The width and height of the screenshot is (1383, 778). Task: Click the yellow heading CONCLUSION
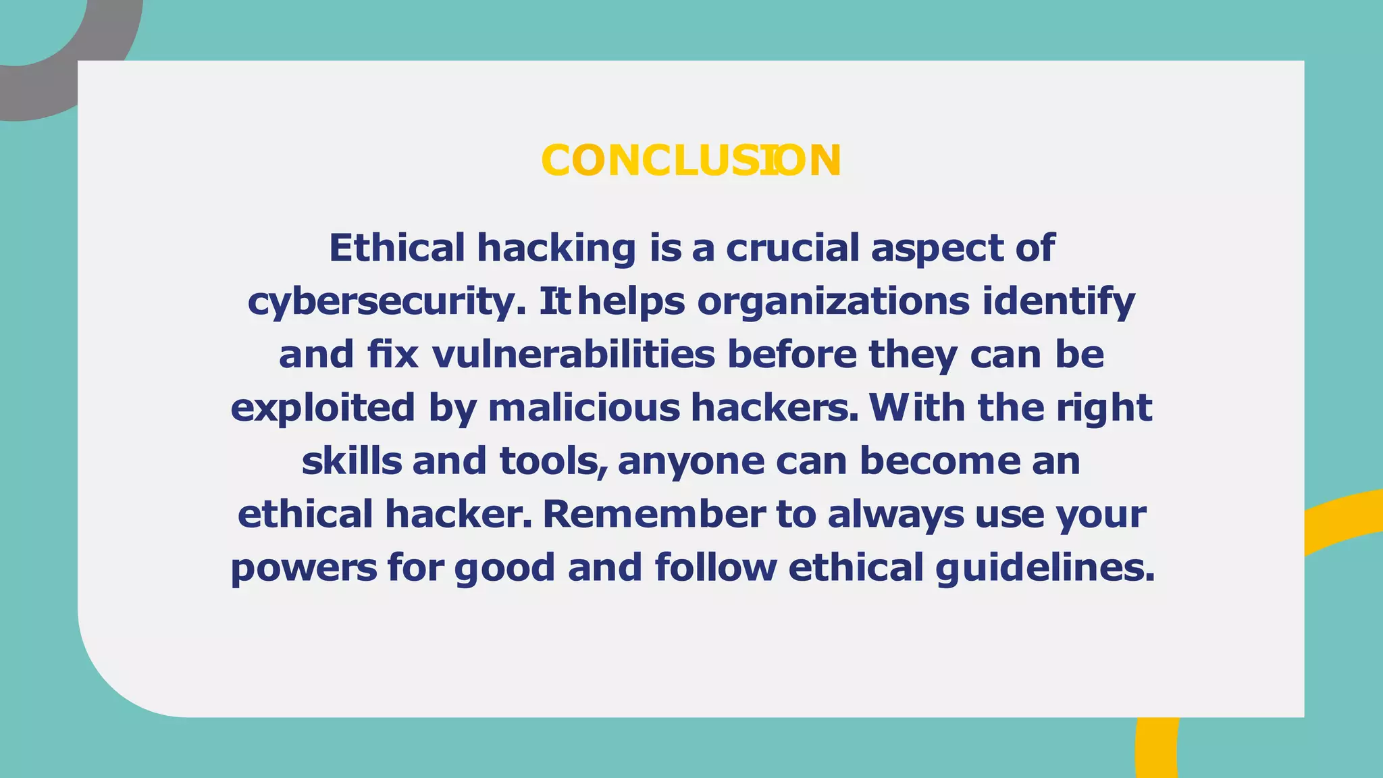pos(691,161)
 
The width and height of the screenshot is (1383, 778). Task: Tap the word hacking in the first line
pos(556,248)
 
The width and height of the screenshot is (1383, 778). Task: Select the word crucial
pos(792,248)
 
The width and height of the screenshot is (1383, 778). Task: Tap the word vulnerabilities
pos(573,355)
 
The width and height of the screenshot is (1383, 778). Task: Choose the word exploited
pos(323,408)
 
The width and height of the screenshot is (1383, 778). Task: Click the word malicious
pos(584,408)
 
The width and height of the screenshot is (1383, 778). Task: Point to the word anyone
pos(691,461)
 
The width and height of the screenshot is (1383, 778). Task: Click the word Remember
pos(654,514)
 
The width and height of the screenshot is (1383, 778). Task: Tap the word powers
pos(304,567)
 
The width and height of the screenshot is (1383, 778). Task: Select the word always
pos(895,514)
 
